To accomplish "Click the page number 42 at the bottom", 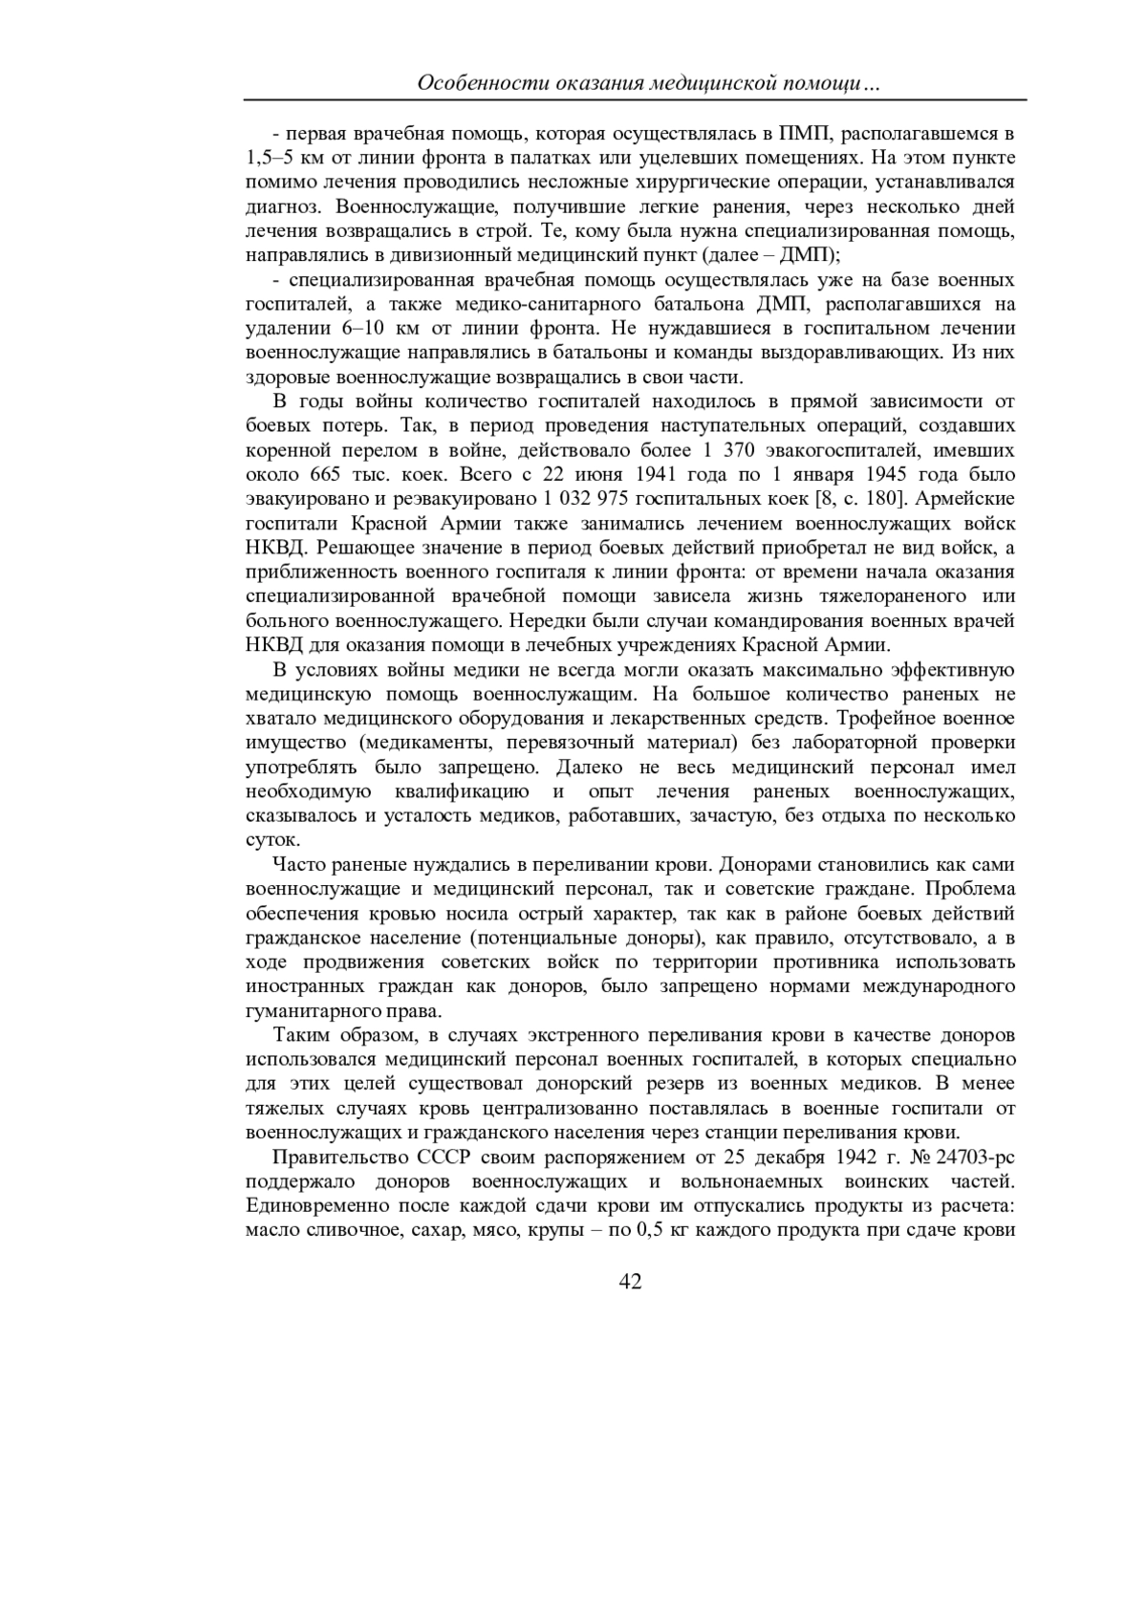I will click(x=630, y=1282).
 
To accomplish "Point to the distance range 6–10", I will click(x=362, y=329).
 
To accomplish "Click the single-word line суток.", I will click(x=273, y=841).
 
